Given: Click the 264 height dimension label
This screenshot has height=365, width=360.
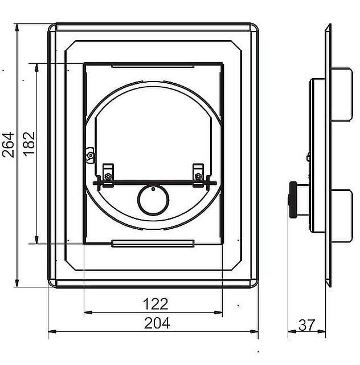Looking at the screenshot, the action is [x=8, y=145].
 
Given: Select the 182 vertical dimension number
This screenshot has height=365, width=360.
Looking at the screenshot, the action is [x=29, y=144].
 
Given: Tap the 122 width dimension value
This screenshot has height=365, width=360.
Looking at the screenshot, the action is [x=156, y=304].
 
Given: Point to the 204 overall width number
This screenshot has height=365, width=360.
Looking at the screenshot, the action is [x=157, y=323].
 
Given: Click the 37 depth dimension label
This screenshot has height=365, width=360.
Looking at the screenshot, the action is [x=307, y=325].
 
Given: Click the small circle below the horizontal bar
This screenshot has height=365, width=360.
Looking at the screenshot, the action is [x=153, y=200].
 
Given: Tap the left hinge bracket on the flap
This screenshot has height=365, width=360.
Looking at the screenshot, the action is [x=108, y=175].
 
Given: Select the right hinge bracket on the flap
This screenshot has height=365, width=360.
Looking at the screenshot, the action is [x=198, y=175].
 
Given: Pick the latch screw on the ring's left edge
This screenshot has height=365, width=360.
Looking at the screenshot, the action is [x=90, y=155].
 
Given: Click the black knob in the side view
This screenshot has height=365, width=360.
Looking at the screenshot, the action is [x=293, y=200].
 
